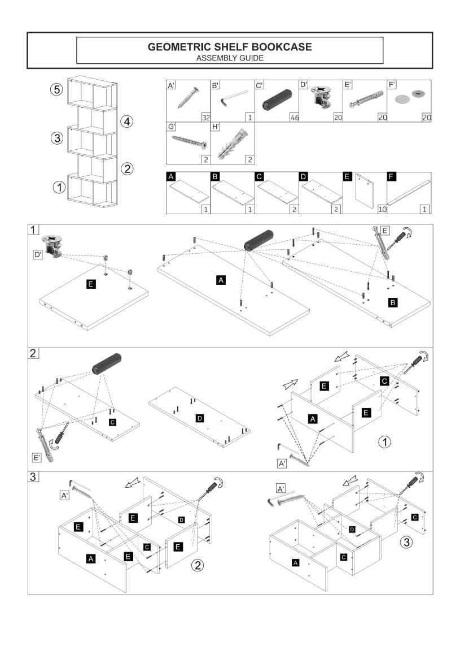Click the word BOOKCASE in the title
281,47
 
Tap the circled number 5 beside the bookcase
56,89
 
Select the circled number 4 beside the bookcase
128,121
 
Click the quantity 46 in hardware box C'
292,117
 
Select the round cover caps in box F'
409,97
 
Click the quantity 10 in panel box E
382,209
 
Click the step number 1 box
34,229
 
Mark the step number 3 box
34,476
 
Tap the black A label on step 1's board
221,279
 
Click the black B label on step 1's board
393,303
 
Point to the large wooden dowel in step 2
107,363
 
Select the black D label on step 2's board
199,418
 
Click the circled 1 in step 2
384,441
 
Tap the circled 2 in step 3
197,564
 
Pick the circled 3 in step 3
406,543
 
